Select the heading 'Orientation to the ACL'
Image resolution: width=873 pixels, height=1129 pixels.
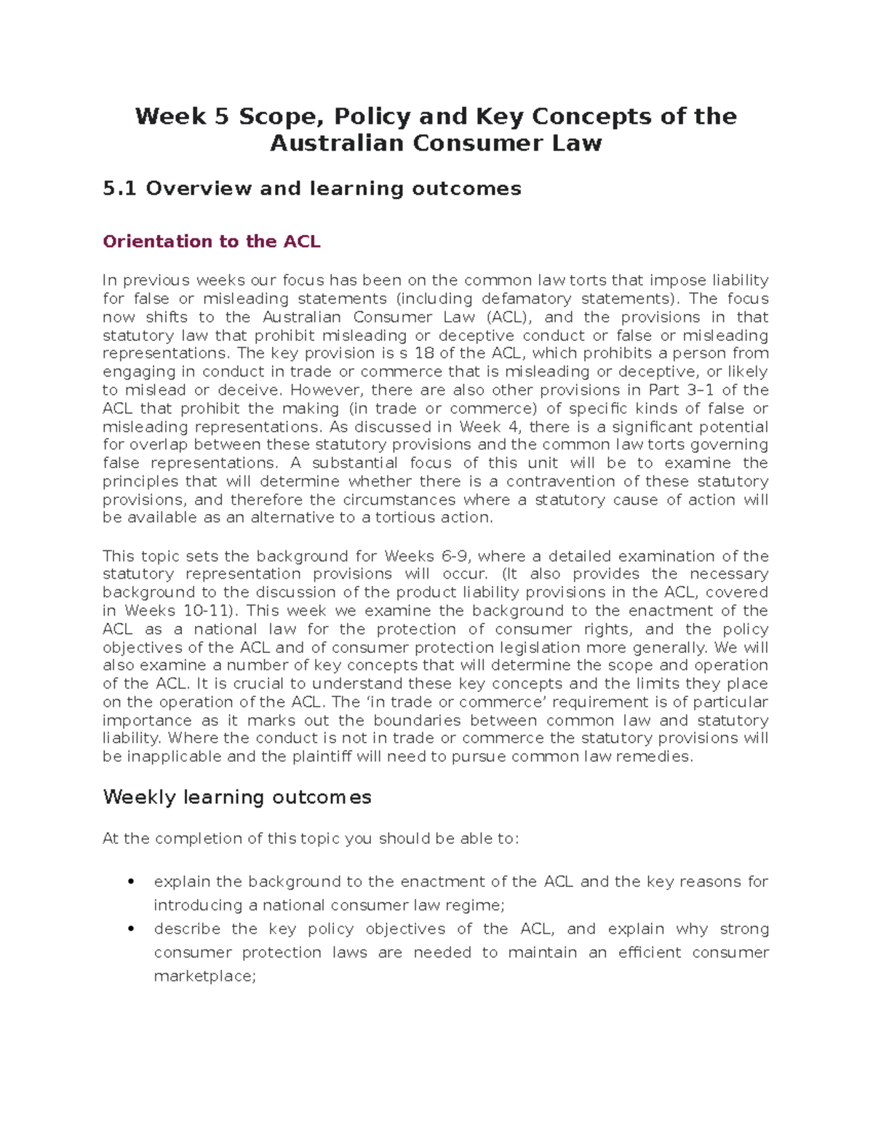212,241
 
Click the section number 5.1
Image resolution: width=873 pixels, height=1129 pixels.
119,189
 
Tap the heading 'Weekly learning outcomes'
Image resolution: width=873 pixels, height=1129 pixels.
237,797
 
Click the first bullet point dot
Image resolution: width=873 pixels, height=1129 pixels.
131,882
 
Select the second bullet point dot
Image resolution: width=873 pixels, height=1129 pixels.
131,929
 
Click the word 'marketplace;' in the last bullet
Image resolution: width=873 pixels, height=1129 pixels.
205,976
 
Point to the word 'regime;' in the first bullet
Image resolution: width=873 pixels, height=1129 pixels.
475,905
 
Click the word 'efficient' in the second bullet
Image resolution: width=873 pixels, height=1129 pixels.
650,952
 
